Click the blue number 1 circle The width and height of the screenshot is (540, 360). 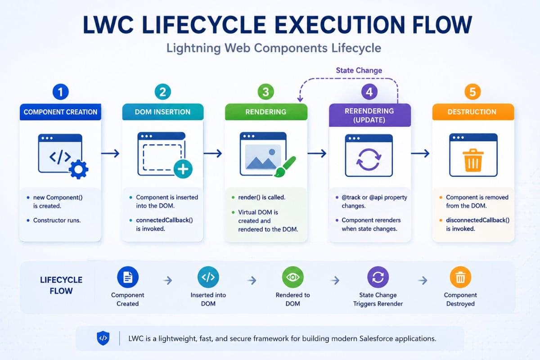(60, 92)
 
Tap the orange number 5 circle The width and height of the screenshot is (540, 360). (472, 92)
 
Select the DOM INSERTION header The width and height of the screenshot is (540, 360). (163, 112)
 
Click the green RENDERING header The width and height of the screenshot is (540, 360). (266, 112)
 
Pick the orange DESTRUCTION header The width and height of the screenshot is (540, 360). (473, 112)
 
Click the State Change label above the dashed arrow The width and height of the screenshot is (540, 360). (359, 70)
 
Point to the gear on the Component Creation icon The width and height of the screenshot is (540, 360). (79, 169)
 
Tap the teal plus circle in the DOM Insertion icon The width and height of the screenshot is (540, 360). (183, 169)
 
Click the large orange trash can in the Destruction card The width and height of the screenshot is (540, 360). (473, 160)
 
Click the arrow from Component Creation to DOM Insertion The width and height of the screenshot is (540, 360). (110, 153)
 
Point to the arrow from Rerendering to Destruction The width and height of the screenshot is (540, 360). (420, 153)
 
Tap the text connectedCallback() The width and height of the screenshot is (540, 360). (164, 220)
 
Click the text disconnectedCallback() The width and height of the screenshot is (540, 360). (477, 220)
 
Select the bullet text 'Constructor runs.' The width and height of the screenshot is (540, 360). (57, 220)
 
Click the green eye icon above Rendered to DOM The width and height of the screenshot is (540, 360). (292, 277)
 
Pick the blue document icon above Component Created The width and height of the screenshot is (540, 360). (128, 277)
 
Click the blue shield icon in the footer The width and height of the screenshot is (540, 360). (103, 338)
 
